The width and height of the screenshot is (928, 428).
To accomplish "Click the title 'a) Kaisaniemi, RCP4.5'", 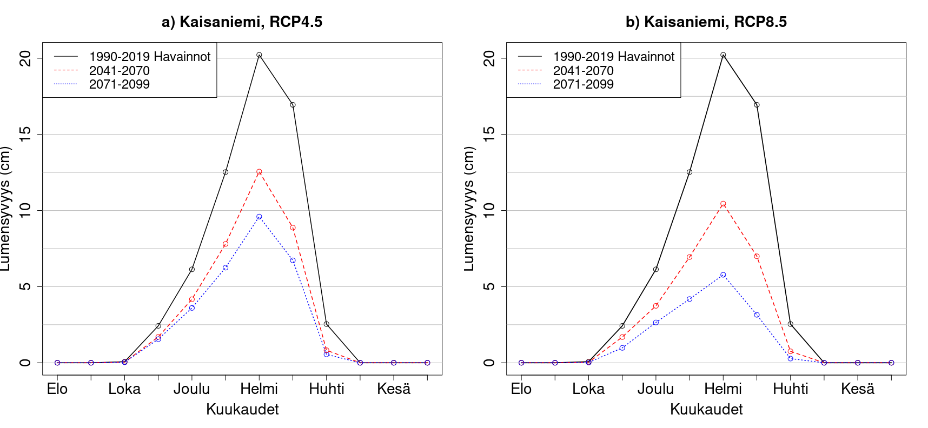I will click(x=242, y=22).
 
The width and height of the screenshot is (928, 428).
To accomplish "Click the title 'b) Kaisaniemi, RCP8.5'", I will click(x=706, y=22).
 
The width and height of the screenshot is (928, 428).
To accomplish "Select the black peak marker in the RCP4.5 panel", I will click(x=259, y=55).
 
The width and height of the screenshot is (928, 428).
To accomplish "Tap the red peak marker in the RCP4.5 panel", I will click(x=259, y=172).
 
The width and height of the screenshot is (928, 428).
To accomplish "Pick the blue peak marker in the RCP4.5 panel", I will click(x=259, y=217).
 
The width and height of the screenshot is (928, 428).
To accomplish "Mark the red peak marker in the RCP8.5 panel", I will click(x=723, y=204).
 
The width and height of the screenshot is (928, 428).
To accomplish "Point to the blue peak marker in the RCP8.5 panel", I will click(x=723, y=275).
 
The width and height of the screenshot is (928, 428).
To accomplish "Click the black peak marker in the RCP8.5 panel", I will click(x=723, y=55).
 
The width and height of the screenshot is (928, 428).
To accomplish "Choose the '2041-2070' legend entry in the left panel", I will click(x=119, y=71).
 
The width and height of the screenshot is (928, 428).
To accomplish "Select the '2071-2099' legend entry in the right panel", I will click(x=583, y=84).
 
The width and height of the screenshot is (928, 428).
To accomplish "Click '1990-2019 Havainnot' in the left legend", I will click(x=149, y=57).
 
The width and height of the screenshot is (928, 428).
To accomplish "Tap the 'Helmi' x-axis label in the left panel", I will click(x=259, y=389).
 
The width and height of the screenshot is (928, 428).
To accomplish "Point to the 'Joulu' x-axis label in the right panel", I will click(x=655, y=389).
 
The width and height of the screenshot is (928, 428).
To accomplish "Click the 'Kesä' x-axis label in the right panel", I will click(x=858, y=389).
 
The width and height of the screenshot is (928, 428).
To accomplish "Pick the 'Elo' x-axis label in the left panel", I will click(x=57, y=389).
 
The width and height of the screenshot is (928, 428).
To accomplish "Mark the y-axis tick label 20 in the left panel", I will click(x=25, y=58).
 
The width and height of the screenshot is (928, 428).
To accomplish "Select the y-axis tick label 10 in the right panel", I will click(x=489, y=211).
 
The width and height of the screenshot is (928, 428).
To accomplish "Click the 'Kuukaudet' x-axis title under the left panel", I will click(x=242, y=410).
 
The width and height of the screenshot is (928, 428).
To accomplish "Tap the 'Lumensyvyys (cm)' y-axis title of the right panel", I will click(x=469, y=208).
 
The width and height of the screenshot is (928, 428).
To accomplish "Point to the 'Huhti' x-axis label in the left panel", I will click(x=327, y=389).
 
